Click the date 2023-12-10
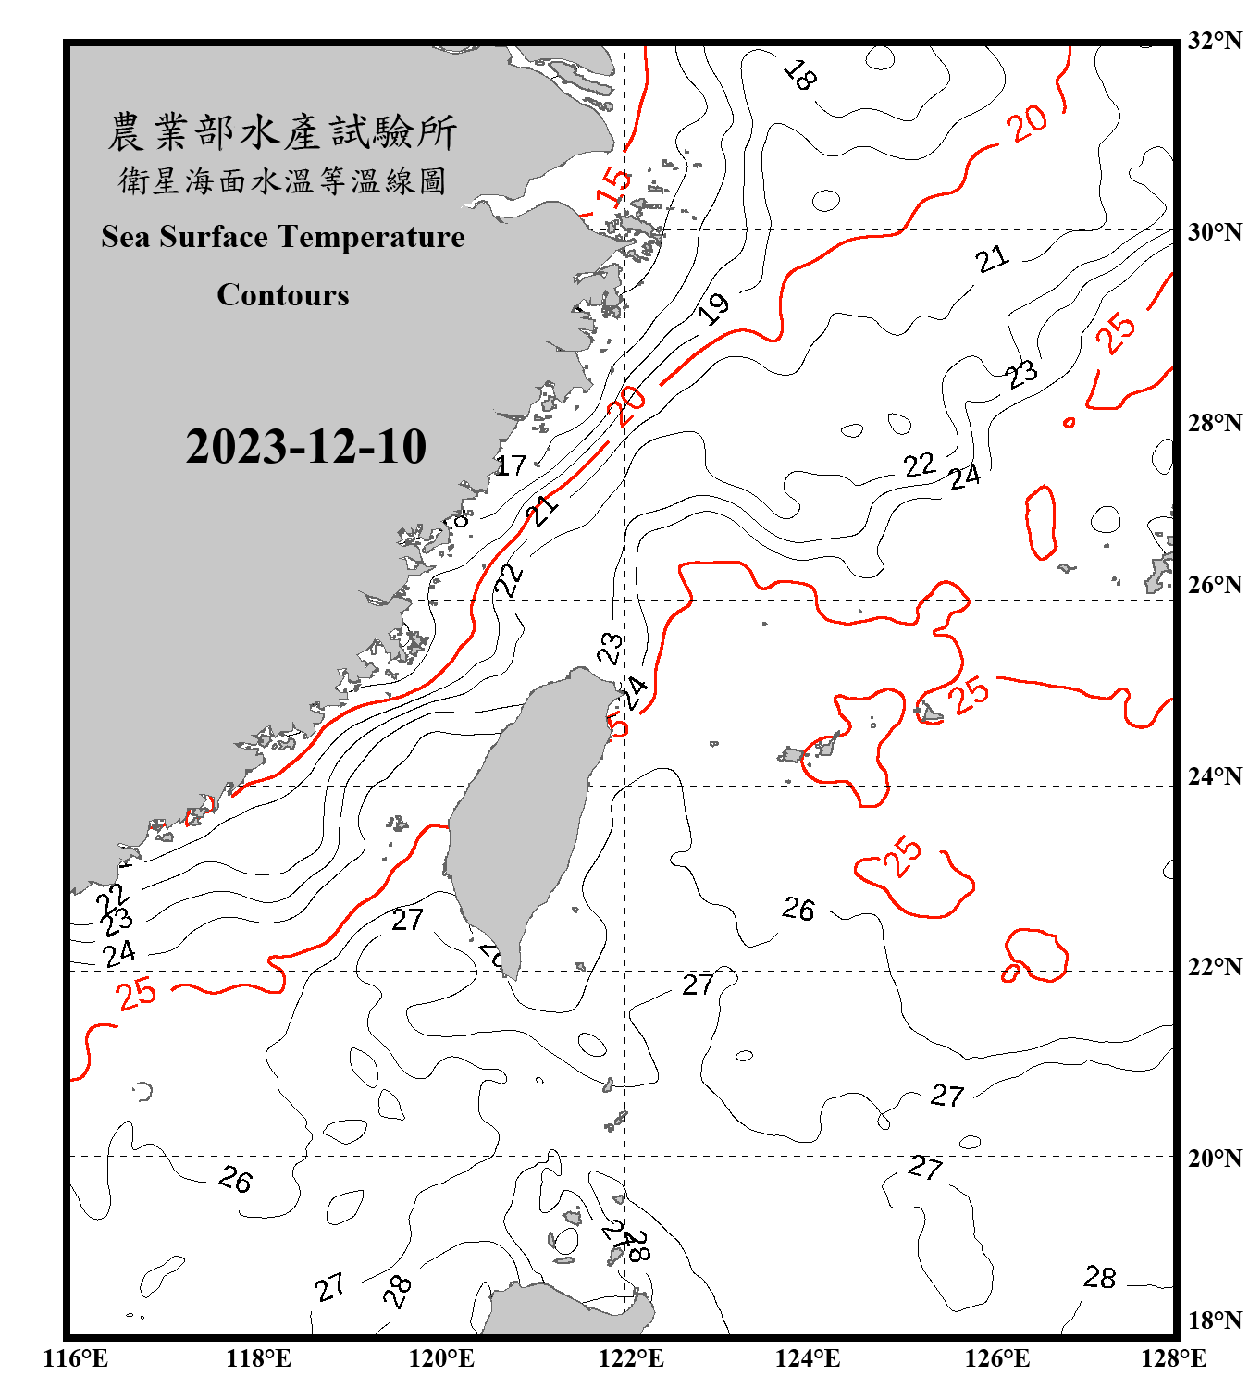305,447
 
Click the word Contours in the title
282,295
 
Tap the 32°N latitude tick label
1214,41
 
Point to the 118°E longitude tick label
258,1358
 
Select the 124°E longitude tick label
807,1358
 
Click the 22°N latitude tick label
1214,967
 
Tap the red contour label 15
612,186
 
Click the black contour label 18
799,74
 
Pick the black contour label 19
713,308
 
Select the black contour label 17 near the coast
510,465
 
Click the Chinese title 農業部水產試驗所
282,132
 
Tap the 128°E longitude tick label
1173,1358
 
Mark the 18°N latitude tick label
1214,1320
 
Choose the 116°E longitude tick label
76,1358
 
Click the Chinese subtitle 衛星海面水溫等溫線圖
282,181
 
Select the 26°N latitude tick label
1214,585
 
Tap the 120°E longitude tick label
441,1358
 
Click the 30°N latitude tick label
1214,232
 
